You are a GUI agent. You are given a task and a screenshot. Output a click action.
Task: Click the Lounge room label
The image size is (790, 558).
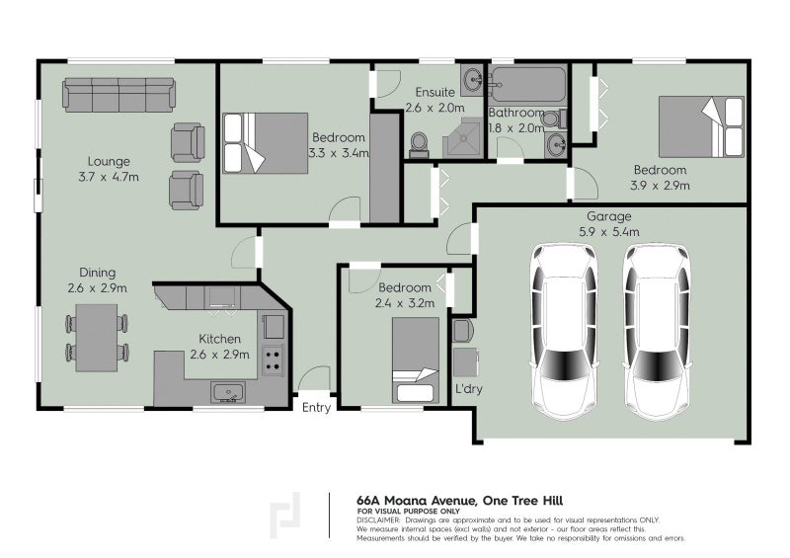point(109,161)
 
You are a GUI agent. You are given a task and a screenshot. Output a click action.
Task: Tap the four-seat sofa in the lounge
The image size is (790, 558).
point(118,95)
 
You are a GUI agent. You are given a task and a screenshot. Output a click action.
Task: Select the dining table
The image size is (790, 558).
point(96,338)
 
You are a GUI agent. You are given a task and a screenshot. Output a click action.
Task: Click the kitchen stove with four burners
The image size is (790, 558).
point(273,360)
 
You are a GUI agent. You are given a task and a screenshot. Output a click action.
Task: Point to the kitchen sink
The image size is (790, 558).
point(228,393)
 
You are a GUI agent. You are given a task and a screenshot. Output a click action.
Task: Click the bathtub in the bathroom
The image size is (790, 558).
point(528,85)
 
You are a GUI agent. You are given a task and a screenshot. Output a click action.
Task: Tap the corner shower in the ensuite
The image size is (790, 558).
point(463,137)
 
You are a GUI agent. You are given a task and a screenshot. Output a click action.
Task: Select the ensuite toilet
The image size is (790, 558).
point(419,144)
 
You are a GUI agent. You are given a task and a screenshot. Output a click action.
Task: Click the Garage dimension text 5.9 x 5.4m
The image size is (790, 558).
point(608,232)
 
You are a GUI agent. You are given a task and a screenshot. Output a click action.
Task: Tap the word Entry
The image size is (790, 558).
point(316,407)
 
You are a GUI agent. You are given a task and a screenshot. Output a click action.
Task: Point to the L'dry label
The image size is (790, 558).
point(468,389)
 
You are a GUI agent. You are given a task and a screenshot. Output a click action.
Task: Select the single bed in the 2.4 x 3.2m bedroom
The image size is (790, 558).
point(416,359)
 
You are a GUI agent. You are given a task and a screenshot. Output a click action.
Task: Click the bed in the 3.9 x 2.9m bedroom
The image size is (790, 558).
point(701,126)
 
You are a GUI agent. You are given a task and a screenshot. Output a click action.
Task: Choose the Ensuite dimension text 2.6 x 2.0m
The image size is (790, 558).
point(434,108)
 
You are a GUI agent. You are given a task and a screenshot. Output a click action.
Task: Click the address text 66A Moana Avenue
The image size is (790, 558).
point(417,501)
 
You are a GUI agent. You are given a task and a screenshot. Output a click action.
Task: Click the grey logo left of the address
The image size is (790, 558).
point(284,516)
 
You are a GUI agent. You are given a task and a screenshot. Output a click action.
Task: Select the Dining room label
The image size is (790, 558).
point(97,273)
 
